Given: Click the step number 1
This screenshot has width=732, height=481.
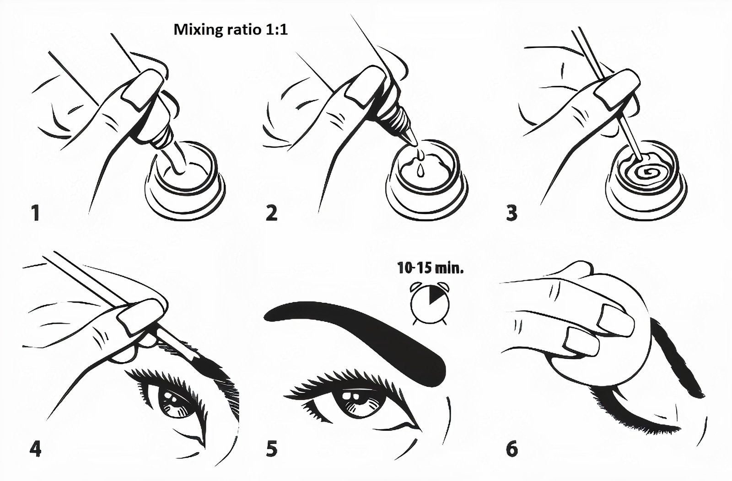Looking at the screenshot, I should (x=35, y=213).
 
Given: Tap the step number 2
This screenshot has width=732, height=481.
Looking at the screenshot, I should (x=272, y=213).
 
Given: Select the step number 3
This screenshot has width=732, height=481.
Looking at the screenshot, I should (x=512, y=213).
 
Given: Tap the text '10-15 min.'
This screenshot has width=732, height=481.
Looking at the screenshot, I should (x=430, y=268).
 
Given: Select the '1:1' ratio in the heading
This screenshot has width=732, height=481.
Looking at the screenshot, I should (x=276, y=30).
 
